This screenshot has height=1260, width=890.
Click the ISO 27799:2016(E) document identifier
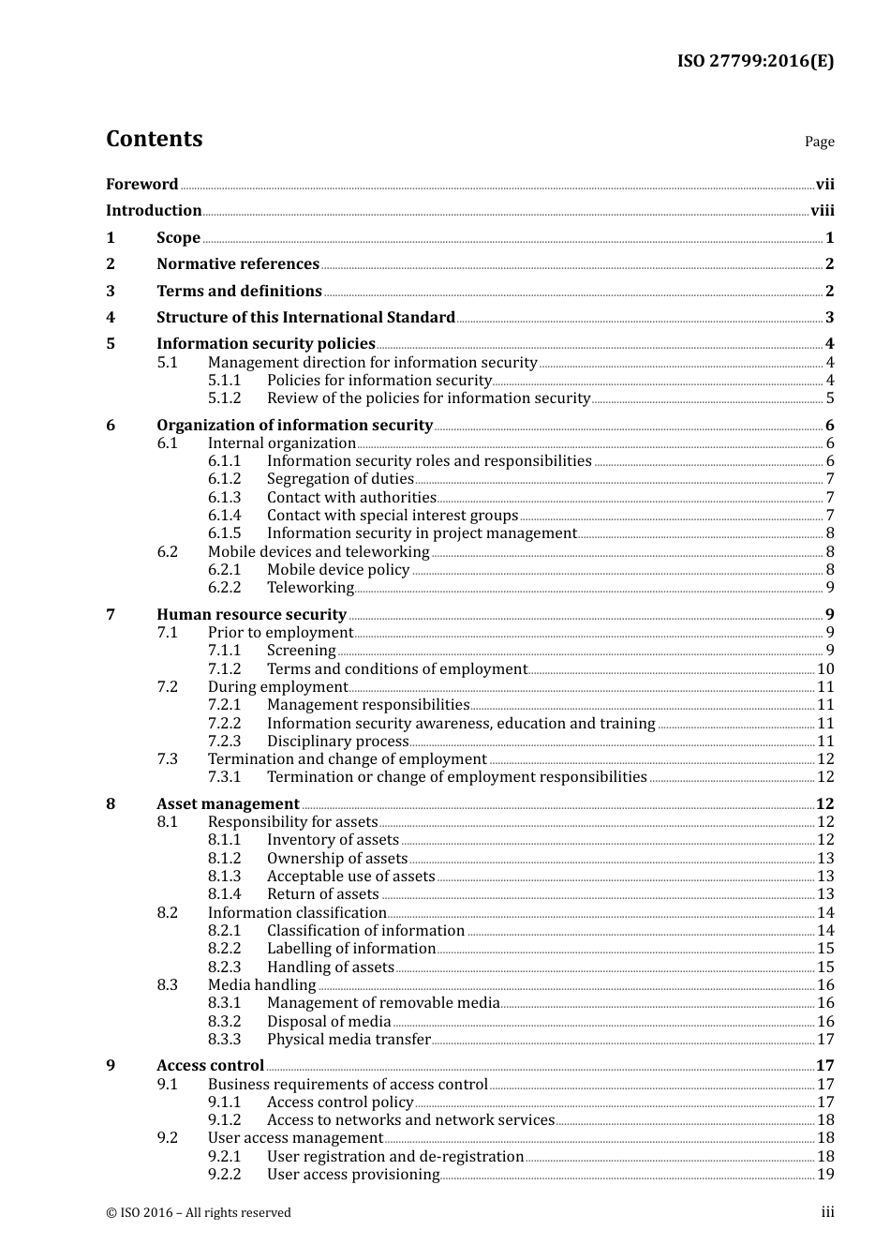pos(755,62)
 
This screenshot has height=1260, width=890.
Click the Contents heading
pos(154,139)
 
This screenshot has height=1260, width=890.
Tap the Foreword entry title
pos(141,185)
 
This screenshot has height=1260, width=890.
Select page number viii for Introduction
pos(822,211)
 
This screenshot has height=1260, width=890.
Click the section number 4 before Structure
pos(111,318)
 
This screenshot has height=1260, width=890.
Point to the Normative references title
pos(237,264)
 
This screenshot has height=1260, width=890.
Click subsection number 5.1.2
pos(224,398)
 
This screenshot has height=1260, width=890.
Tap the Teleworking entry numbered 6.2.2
pos(310,588)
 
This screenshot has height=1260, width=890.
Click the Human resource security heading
pos(251,615)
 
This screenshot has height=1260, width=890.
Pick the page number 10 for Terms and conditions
pos(825,669)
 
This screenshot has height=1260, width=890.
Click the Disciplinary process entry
pos(337,742)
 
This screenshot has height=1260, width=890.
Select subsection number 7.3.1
pos(224,777)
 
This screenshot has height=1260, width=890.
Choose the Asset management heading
pos(228,804)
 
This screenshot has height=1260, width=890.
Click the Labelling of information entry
pos(351,949)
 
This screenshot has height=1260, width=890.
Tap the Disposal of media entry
pos(329,1022)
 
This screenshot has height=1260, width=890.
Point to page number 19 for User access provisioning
pos(825,1175)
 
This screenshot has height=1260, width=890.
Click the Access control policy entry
pos(340,1102)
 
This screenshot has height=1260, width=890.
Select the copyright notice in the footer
pos(199,1213)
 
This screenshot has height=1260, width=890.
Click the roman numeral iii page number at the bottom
pos(827,1213)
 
